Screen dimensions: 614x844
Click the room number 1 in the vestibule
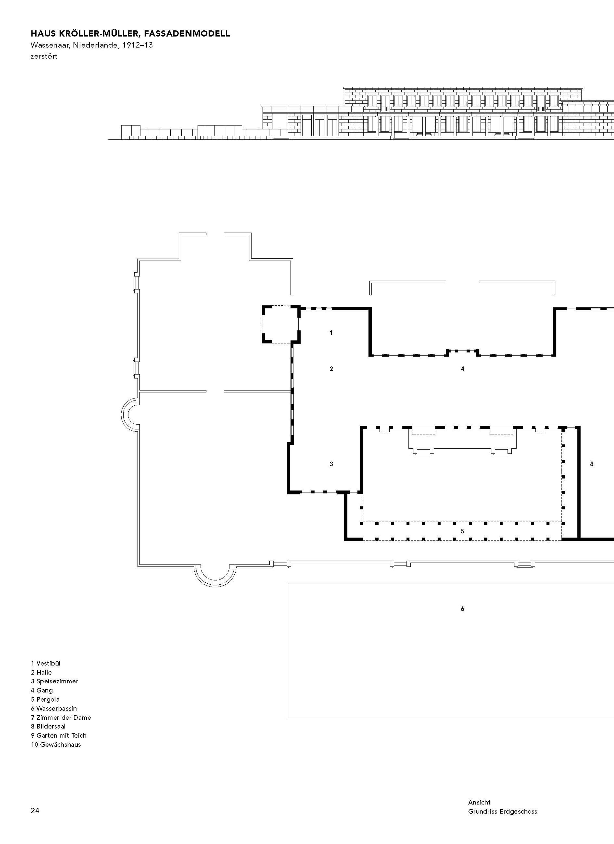pos(331,333)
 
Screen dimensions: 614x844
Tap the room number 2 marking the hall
pos(331,369)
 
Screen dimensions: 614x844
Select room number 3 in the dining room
pos(331,464)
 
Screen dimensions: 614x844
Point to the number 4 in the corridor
pos(463,369)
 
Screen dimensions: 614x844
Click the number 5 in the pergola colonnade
pos(463,531)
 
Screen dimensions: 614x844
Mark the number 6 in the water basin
pos(463,609)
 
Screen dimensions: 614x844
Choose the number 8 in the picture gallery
pos(592,464)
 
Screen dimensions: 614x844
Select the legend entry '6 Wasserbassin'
pos(54,708)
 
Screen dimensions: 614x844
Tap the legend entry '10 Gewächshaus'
pos(56,744)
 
